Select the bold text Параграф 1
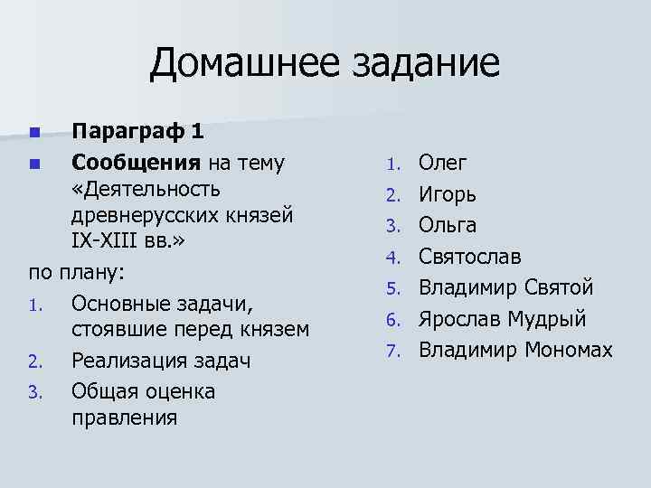[137, 132]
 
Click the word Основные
[125, 302]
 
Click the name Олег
[443, 164]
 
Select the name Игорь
[448, 194]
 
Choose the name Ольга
[448, 225]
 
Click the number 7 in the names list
[392, 350]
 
